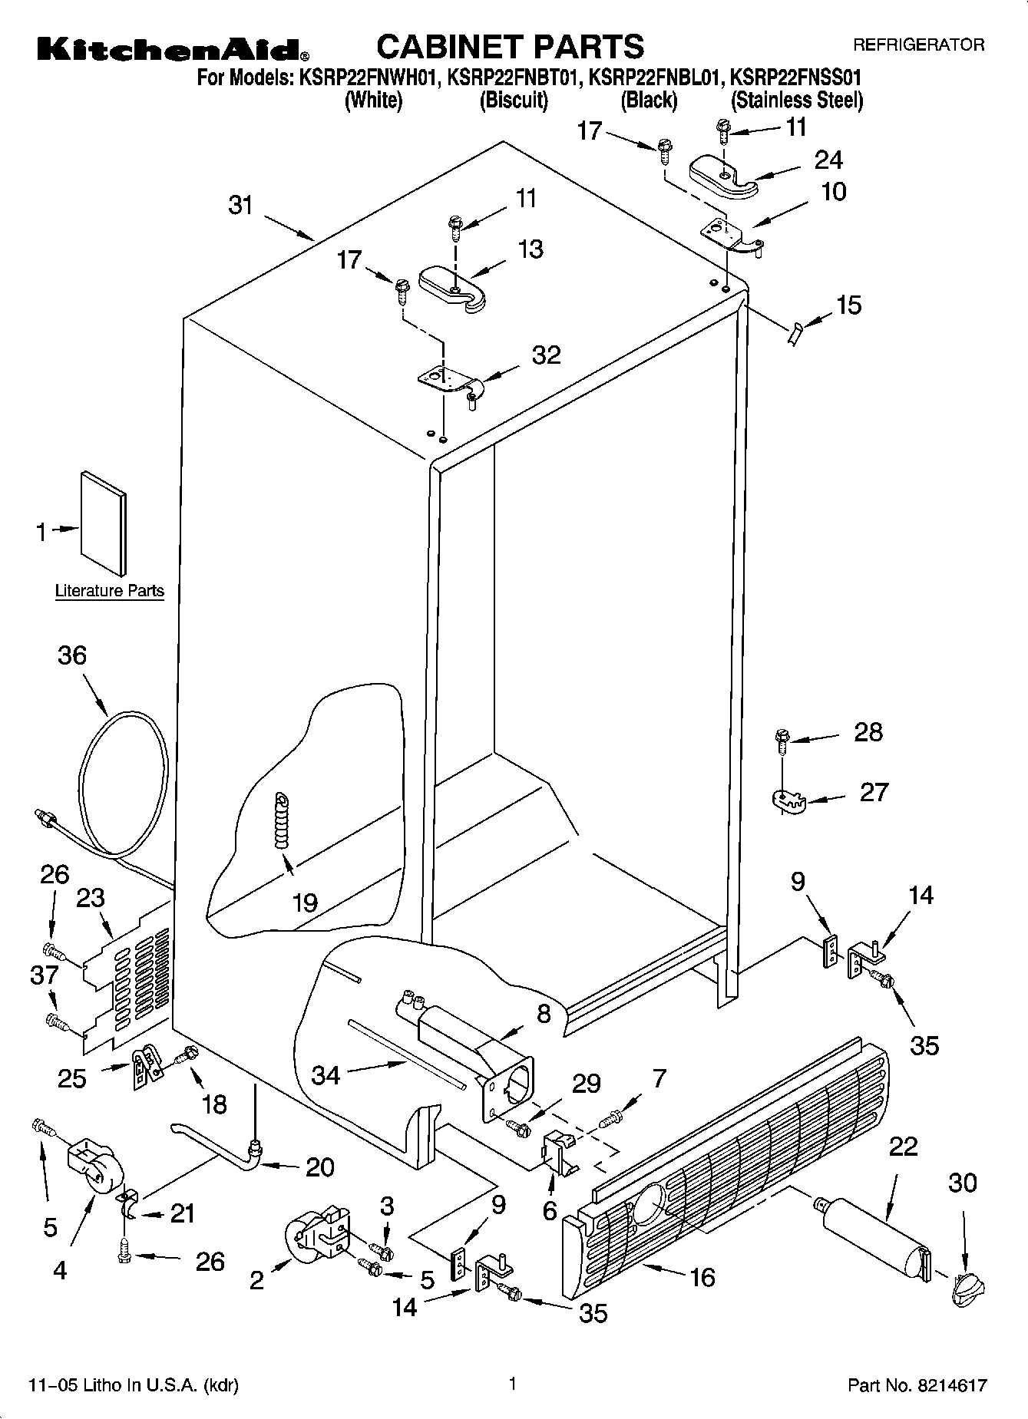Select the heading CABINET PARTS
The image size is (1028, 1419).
511,46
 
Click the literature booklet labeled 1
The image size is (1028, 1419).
104,523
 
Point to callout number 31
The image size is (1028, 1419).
241,206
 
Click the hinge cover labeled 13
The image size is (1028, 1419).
451,288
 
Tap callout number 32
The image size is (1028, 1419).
546,355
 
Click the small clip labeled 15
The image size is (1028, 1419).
795,334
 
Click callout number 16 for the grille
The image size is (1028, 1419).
702,1276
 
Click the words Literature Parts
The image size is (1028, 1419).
109,591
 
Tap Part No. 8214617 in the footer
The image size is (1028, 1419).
917,1385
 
